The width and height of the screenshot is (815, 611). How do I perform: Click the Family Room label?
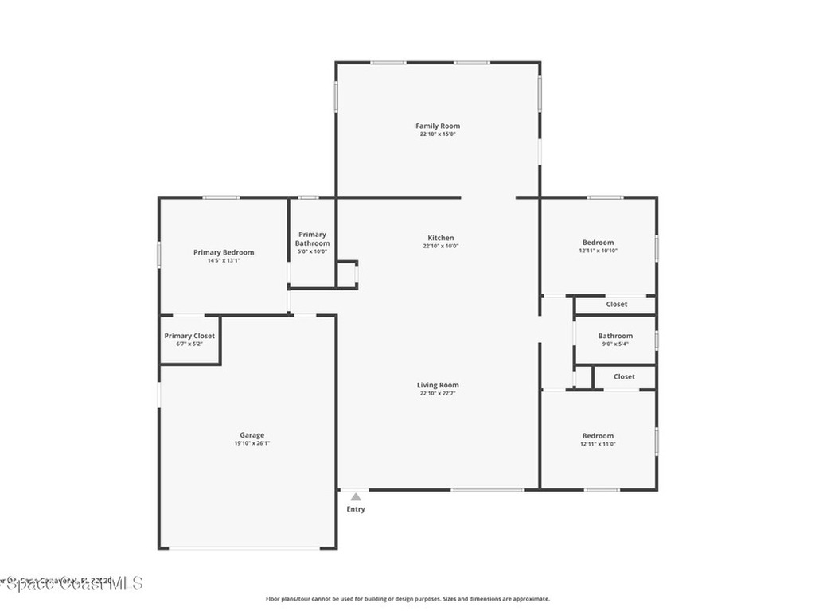(438, 126)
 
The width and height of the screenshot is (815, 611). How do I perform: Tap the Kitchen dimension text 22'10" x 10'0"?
(440, 247)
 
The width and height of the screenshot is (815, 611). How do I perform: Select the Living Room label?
(438, 385)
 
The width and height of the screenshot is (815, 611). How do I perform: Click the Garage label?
(252, 435)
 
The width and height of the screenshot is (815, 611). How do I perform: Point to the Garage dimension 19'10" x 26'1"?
(252, 444)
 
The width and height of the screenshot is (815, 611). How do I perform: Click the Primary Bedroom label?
(224, 252)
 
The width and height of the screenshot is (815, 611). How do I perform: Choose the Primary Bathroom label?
(312, 239)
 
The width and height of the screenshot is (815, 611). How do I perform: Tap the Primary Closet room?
(189, 340)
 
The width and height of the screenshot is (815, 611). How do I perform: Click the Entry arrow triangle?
(356, 497)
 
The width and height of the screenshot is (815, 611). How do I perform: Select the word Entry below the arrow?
(356, 509)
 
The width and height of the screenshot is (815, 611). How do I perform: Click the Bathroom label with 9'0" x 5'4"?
(615, 336)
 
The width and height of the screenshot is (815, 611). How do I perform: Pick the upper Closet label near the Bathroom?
(616, 304)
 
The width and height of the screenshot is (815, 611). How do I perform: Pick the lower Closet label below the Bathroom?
(624, 376)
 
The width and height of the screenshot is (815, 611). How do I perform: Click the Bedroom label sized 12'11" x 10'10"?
(598, 243)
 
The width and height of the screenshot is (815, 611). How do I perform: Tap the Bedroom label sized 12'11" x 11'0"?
(598, 435)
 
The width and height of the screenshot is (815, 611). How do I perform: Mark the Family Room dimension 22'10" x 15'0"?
(438, 134)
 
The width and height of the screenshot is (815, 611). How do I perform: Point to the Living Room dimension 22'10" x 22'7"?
(438, 394)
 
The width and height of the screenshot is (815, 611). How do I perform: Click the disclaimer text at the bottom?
(407, 599)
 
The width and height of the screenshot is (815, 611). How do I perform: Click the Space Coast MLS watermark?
(72, 583)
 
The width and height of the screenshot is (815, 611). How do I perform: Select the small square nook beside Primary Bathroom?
(346, 274)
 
